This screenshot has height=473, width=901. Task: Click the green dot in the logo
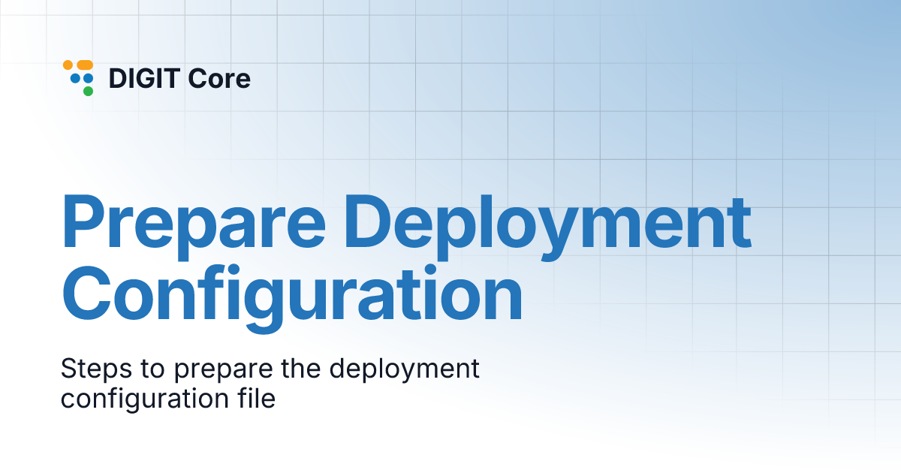click(x=88, y=92)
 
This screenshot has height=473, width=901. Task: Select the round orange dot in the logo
click(x=68, y=65)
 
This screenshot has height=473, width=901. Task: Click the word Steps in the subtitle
click(x=92, y=369)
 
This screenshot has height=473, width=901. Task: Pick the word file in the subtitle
click(x=255, y=399)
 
